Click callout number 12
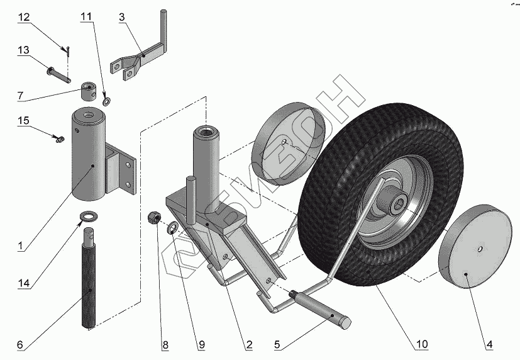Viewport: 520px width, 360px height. tap(23, 18)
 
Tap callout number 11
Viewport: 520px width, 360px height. tap(86, 18)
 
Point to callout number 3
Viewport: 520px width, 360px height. tap(121, 17)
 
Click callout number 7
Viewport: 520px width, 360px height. tap(21, 96)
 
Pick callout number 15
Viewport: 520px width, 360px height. tap(23, 120)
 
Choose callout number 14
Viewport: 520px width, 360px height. tap(24, 284)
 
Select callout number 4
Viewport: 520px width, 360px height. tap(488, 345)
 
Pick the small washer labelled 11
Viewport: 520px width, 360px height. tap(106, 99)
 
